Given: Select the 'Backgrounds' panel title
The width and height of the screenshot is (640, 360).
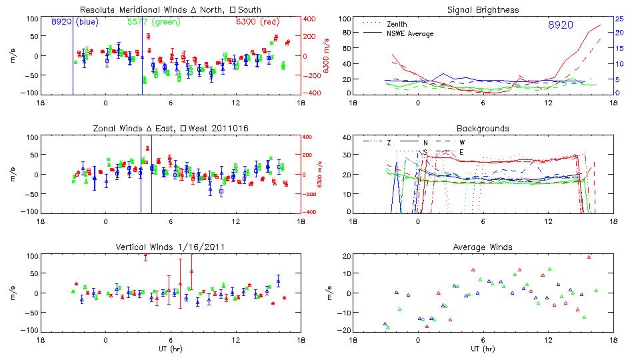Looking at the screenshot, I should [483, 128].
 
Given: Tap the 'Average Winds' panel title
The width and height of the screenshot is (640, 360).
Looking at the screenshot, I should [483, 247].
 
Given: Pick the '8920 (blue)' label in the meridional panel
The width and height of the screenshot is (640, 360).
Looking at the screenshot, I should [75, 22].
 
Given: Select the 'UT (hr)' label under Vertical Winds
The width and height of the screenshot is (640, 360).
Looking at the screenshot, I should [170, 348].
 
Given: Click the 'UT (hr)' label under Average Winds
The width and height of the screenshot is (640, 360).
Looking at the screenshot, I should [483, 348].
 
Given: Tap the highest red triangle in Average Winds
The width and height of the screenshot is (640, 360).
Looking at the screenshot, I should [589, 257].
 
